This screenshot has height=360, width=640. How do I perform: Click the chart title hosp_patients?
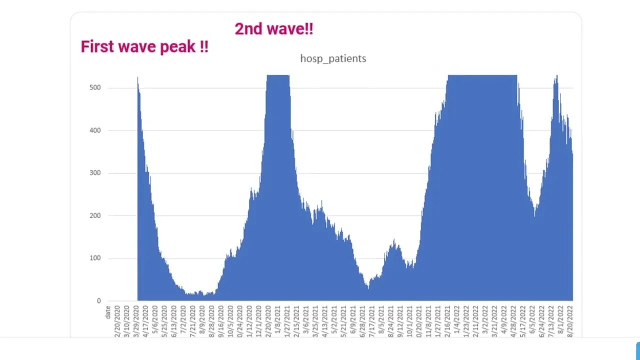coord(333,58)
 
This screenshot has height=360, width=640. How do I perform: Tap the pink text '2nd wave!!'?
coord(274,29)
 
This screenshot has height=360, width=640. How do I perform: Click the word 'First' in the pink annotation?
coord(97,47)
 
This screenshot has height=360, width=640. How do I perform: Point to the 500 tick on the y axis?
coord(95,88)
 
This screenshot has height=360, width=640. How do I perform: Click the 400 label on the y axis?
coord(95,130)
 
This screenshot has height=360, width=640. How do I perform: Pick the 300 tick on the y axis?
coord(95,173)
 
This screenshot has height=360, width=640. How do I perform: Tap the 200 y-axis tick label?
coord(95,216)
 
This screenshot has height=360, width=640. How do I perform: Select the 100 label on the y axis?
coord(95,258)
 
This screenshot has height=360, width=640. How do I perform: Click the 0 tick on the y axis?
coord(98,301)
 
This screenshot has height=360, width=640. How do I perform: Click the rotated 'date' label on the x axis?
coord(108,312)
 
